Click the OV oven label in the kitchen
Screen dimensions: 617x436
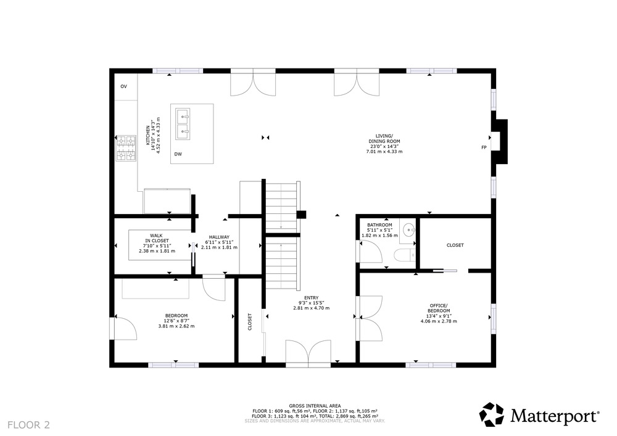[x=123, y=86]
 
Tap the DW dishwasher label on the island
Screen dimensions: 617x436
[x=178, y=154]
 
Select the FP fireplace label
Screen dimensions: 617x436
[x=484, y=147]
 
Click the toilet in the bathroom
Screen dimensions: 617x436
[x=405, y=255]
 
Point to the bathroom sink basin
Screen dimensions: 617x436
[x=409, y=229]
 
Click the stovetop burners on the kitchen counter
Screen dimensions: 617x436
[x=126, y=149]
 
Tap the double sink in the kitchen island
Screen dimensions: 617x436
[x=183, y=124]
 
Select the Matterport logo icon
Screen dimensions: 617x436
[x=491, y=414]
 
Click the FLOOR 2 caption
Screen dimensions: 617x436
[x=29, y=425]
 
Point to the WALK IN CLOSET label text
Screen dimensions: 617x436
[x=157, y=238]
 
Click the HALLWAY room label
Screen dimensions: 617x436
[x=219, y=237]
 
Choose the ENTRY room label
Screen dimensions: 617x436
[x=311, y=298]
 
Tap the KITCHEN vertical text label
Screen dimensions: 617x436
[x=148, y=135]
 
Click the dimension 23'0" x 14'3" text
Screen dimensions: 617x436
[x=384, y=146]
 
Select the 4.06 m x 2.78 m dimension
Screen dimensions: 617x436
[x=439, y=321]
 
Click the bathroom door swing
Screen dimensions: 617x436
[x=371, y=251]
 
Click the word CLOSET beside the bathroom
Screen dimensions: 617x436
[x=455, y=245]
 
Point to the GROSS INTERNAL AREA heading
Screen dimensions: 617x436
[x=315, y=406]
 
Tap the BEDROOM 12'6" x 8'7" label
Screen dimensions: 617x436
[x=176, y=321]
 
